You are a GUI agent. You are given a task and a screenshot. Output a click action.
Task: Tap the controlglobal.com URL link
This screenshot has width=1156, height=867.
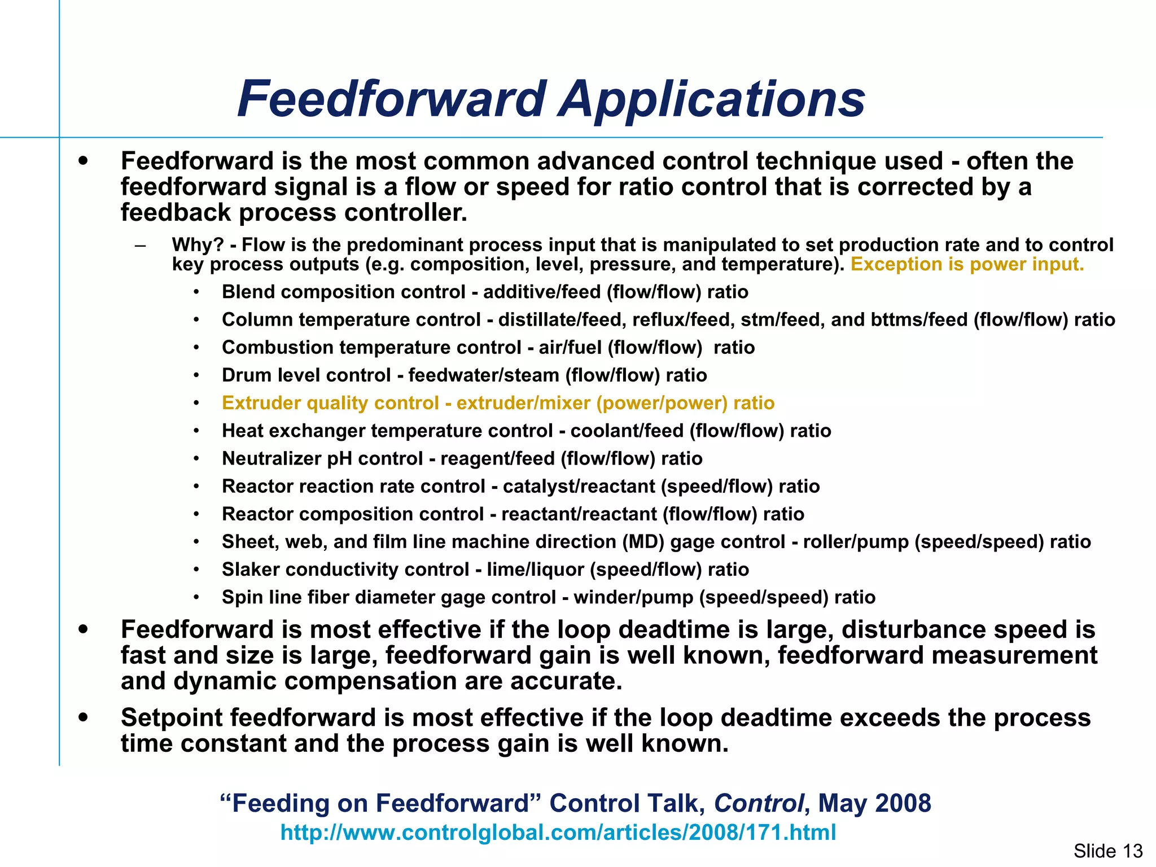558,833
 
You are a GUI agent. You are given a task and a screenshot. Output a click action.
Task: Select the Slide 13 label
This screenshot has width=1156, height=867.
1107,851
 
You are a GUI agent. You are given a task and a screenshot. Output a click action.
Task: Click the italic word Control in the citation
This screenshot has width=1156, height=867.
759,803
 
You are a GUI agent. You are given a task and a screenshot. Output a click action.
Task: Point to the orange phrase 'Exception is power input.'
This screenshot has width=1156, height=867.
967,264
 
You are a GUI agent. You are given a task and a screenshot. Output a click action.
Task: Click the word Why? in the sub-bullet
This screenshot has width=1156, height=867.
198,245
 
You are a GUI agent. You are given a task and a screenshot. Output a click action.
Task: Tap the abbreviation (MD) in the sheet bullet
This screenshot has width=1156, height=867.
643,542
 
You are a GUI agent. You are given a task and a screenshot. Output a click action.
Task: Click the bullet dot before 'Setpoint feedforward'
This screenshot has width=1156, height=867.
84,717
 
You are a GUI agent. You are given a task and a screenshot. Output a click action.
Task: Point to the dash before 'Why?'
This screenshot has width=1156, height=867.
141,246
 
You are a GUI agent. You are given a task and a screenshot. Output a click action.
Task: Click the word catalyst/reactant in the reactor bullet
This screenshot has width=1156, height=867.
575,487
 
